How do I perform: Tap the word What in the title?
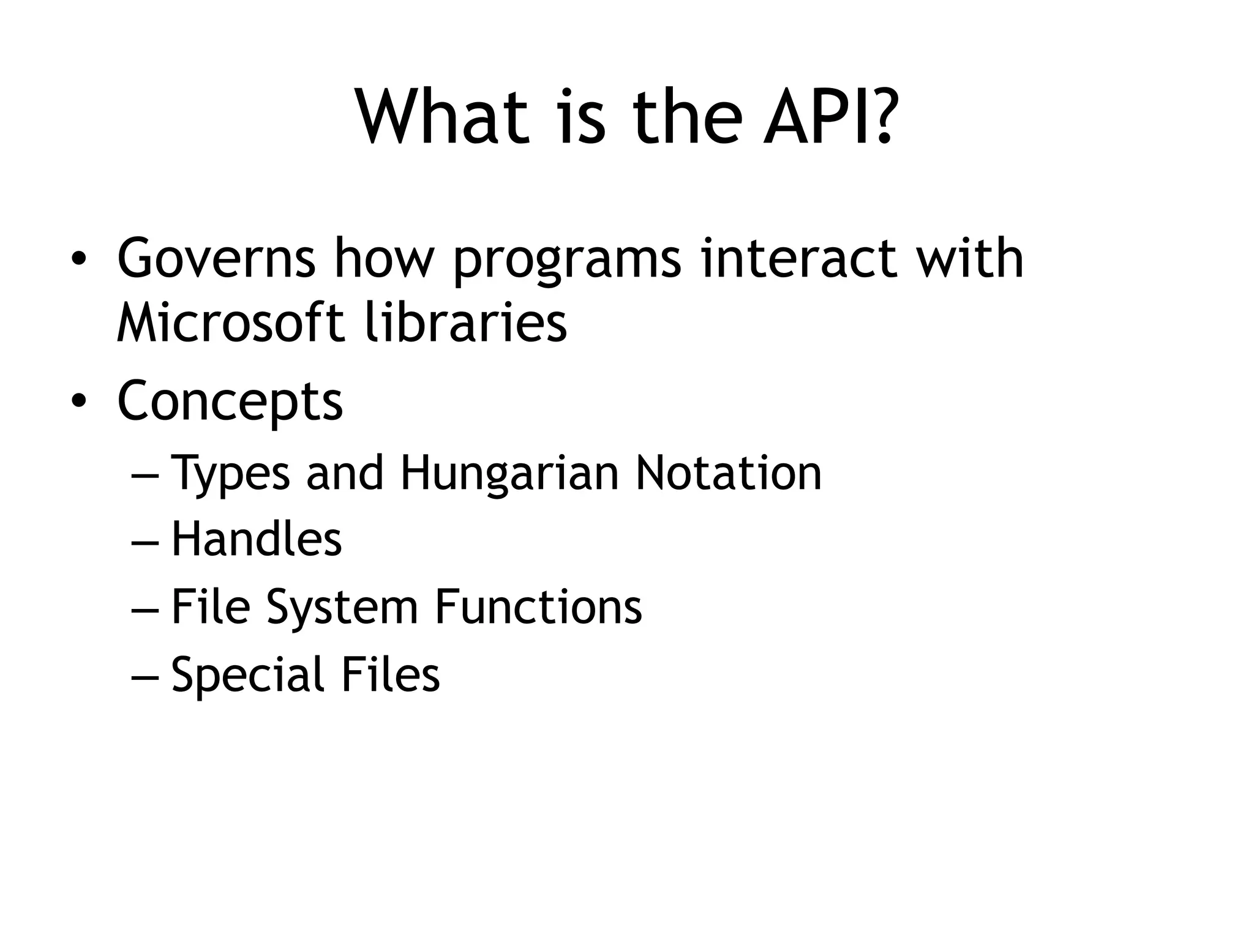442,116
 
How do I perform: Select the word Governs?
216,258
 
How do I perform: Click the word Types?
230,474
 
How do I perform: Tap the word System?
342,608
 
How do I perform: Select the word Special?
247,676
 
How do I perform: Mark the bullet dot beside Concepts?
78,401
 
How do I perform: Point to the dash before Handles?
145,541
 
